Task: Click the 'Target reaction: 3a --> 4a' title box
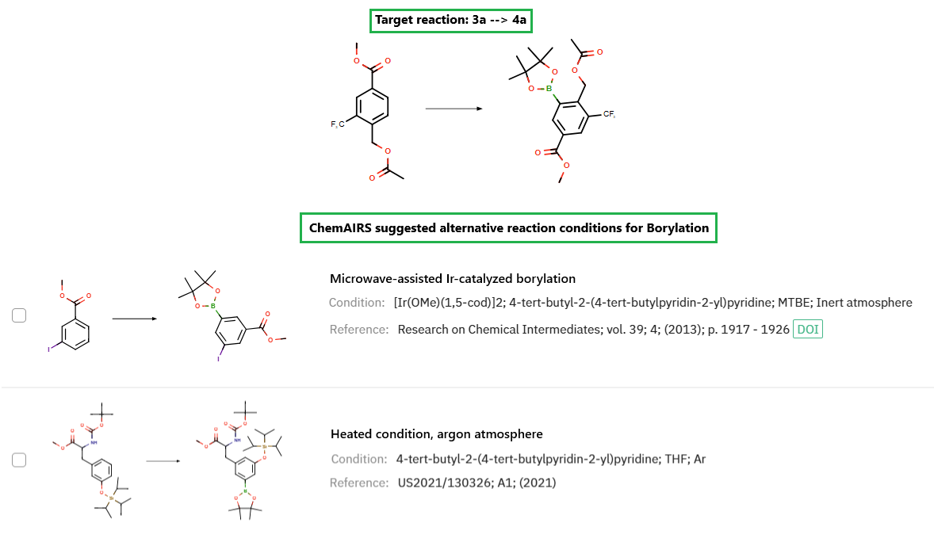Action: pyautogui.click(x=450, y=20)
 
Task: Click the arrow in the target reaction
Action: pyautogui.click(x=454, y=108)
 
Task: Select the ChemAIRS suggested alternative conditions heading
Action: pyautogui.click(x=508, y=228)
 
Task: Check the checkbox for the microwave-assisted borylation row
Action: pyautogui.click(x=19, y=315)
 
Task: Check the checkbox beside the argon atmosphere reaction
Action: pyautogui.click(x=19, y=460)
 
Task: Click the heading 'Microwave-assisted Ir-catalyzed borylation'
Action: pyautogui.click(x=452, y=279)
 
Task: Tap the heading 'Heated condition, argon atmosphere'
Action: pyautogui.click(x=436, y=433)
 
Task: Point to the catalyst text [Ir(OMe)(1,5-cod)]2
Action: pyautogui.click(x=452, y=303)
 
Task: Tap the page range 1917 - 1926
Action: pyautogui.click(x=756, y=329)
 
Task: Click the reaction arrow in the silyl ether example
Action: pyautogui.click(x=162, y=460)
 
